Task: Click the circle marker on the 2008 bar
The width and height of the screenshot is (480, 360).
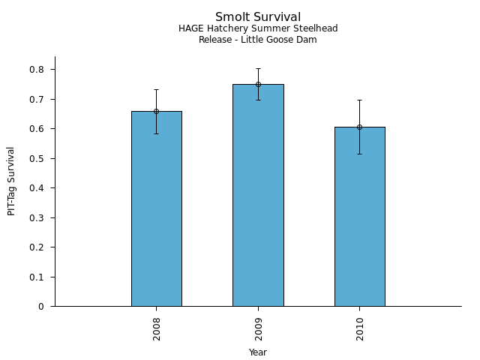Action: pyautogui.click(x=156, y=111)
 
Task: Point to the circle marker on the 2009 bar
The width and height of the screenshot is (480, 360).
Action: pyautogui.click(x=258, y=84)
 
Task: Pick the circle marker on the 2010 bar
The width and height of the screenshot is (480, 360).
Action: pyautogui.click(x=359, y=127)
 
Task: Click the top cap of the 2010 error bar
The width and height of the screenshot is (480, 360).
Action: pyautogui.click(x=359, y=100)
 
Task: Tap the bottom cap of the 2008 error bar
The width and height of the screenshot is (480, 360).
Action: pyautogui.click(x=156, y=133)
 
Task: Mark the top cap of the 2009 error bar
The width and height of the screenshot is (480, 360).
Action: pyautogui.click(x=258, y=68)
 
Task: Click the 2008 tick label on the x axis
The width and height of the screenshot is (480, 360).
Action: pyautogui.click(x=157, y=328)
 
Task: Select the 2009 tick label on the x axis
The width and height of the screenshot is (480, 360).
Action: pyautogui.click(x=258, y=328)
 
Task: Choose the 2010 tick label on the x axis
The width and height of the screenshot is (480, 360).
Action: pyautogui.click(x=360, y=328)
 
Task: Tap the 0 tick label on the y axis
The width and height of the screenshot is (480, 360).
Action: pyautogui.click(x=40, y=307)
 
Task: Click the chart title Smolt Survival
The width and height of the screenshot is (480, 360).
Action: pyautogui.click(x=258, y=17)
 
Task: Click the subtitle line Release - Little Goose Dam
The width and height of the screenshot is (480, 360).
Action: pyautogui.click(x=258, y=40)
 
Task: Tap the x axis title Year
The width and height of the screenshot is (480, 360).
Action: pyautogui.click(x=258, y=352)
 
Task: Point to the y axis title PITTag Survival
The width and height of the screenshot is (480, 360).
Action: pyautogui.click(x=11, y=181)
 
